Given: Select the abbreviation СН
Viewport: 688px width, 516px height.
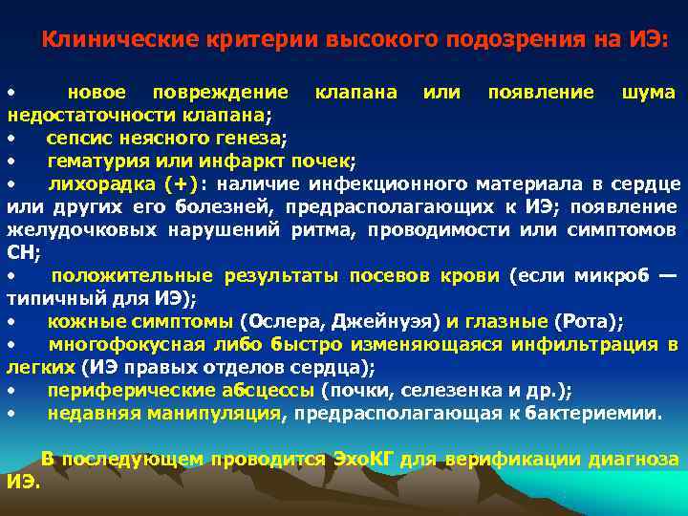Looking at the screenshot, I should pyautogui.click(x=20, y=252).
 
